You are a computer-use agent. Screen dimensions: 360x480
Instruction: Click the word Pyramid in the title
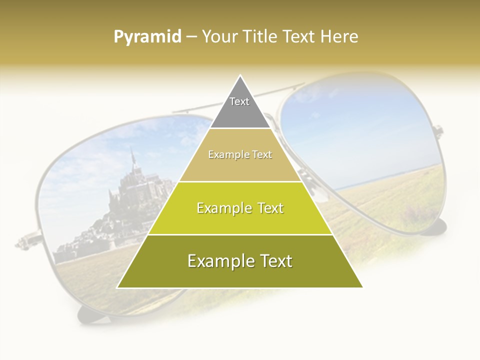coord(147,37)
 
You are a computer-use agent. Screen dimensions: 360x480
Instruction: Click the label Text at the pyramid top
coord(239,101)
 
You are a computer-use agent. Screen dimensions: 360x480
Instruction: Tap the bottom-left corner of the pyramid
coord(118,287)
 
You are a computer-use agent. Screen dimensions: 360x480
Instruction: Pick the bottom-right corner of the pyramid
coord(362,287)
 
